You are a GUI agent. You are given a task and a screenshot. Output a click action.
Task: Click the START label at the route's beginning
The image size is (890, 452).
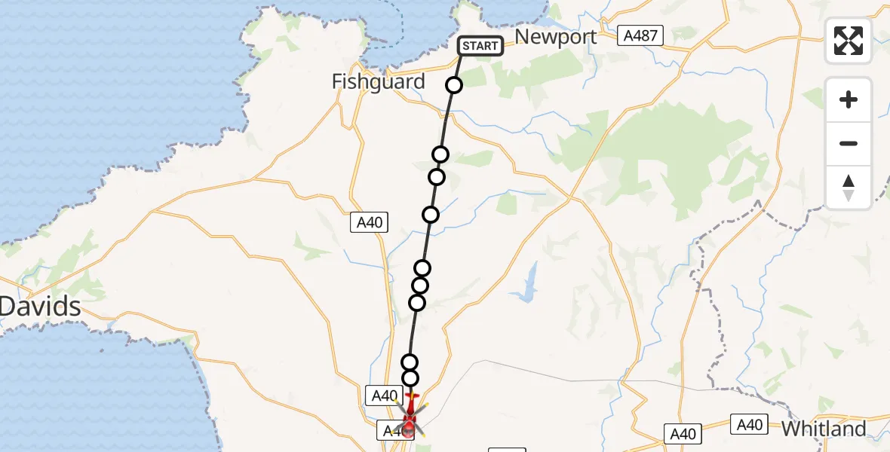tap(480, 46)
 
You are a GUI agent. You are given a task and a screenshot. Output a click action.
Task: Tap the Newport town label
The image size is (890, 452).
tap(555, 37)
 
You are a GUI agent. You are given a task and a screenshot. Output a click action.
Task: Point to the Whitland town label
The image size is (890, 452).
tap(824, 429)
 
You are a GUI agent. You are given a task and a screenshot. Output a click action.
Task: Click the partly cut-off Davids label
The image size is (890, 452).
tap(40, 307)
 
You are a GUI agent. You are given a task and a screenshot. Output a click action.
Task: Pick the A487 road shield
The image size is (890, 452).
tap(640, 35)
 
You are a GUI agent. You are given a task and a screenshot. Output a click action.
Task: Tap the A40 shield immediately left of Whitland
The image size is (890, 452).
tap(750, 425)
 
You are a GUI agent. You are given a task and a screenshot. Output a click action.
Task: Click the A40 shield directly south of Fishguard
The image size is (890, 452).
tap(370, 221)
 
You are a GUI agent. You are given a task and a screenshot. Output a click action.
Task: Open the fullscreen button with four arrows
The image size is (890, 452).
tap(849, 41)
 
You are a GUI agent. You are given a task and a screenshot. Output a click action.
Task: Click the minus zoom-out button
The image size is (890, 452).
tap(849, 143)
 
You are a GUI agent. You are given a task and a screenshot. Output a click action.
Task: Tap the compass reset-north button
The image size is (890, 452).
tap(849, 187)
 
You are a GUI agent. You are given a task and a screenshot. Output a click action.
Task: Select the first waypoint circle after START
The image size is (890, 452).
tap(454, 85)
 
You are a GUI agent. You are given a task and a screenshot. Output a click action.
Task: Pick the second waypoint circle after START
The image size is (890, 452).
tap(440, 154)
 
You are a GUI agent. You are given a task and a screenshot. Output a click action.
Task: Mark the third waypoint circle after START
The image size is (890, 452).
tap(436, 177)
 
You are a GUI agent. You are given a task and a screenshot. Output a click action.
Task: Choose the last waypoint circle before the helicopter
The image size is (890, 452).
tap(410, 377)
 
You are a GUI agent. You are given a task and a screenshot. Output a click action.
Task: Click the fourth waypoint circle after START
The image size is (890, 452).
tap(431, 215)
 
